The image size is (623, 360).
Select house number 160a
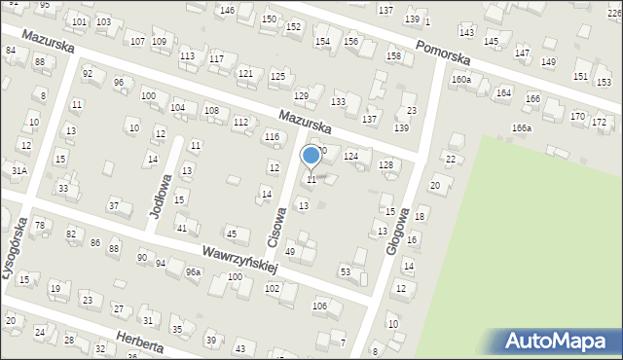(x=460, y=80)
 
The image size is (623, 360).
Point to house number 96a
(x=193, y=271)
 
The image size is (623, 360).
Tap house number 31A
(x=18, y=170)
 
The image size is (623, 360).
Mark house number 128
(x=385, y=165)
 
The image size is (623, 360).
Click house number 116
(x=272, y=137)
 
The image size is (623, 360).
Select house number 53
(x=345, y=270)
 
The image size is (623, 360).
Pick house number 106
(x=319, y=306)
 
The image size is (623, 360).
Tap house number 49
(x=289, y=252)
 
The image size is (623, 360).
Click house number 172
(x=600, y=122)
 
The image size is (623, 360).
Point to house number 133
(x=339, y=102)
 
